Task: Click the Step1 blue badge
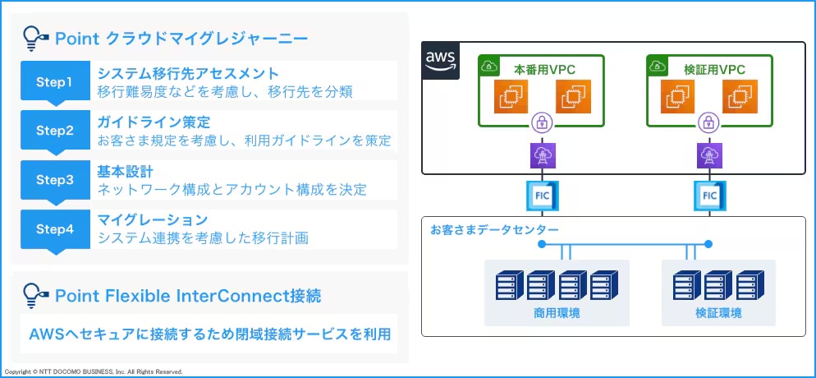[x=55, y=81]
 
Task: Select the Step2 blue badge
[x=55, y=130]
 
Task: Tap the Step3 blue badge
[x=55, y=179]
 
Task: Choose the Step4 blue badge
[x=55, y=228]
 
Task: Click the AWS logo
[x=441, y=62]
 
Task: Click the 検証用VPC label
[x=714, y=69]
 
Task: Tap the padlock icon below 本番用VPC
[x=542, y=123]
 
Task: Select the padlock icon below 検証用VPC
[x=707, y=123]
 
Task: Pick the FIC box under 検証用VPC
[x=709, y=196]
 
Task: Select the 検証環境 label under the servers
[x=718, y=313]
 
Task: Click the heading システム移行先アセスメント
[x=188, y=73]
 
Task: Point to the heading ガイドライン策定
[x=154, y=122]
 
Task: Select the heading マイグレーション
[x=153, y=220]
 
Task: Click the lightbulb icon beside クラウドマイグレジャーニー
[x=34, y=37]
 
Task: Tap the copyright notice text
[x=92, y=372]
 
